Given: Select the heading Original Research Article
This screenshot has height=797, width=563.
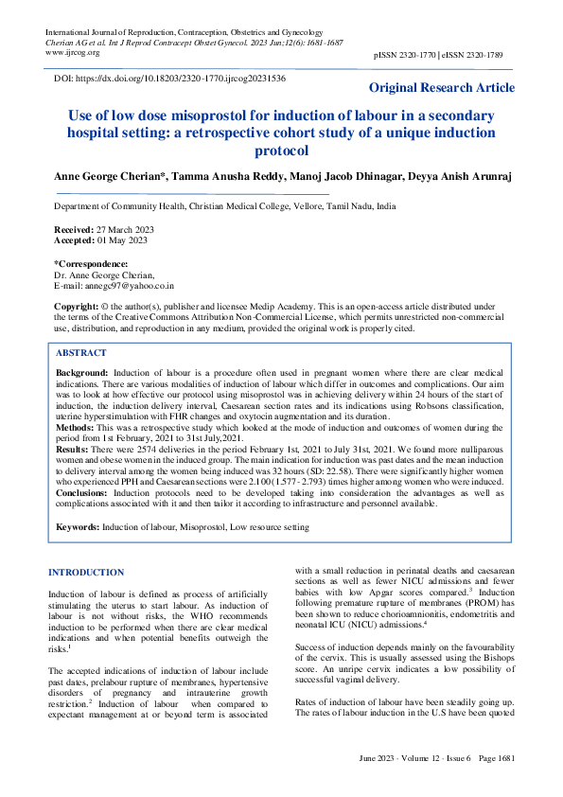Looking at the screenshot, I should (x=442, y=88).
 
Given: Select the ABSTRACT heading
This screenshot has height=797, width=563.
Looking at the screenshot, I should (x=81, y=351).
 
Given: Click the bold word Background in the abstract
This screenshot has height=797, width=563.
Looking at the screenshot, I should (x=82, y=375).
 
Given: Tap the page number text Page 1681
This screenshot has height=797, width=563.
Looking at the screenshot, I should (x=497, y=786).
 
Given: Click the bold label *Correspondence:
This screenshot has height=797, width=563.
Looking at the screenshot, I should (x=92, y=263).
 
